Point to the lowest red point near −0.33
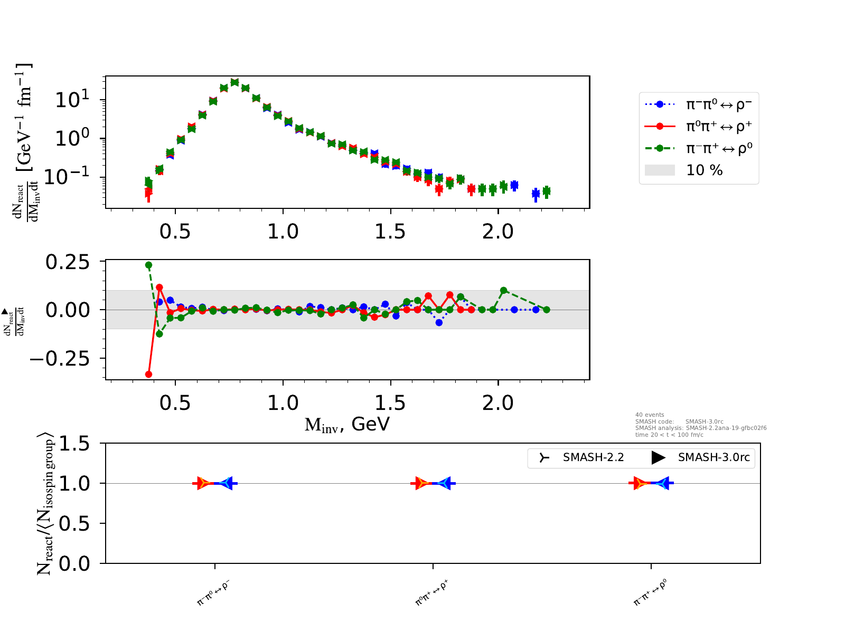(148, 375)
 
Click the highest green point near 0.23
(148, 265)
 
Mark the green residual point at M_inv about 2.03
(504, 290)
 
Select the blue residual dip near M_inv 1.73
(439, 322)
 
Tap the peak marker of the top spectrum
(234, 82)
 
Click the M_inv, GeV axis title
(347, 424)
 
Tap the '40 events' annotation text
(650, 415)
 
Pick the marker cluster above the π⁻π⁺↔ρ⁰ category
(651, 483)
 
